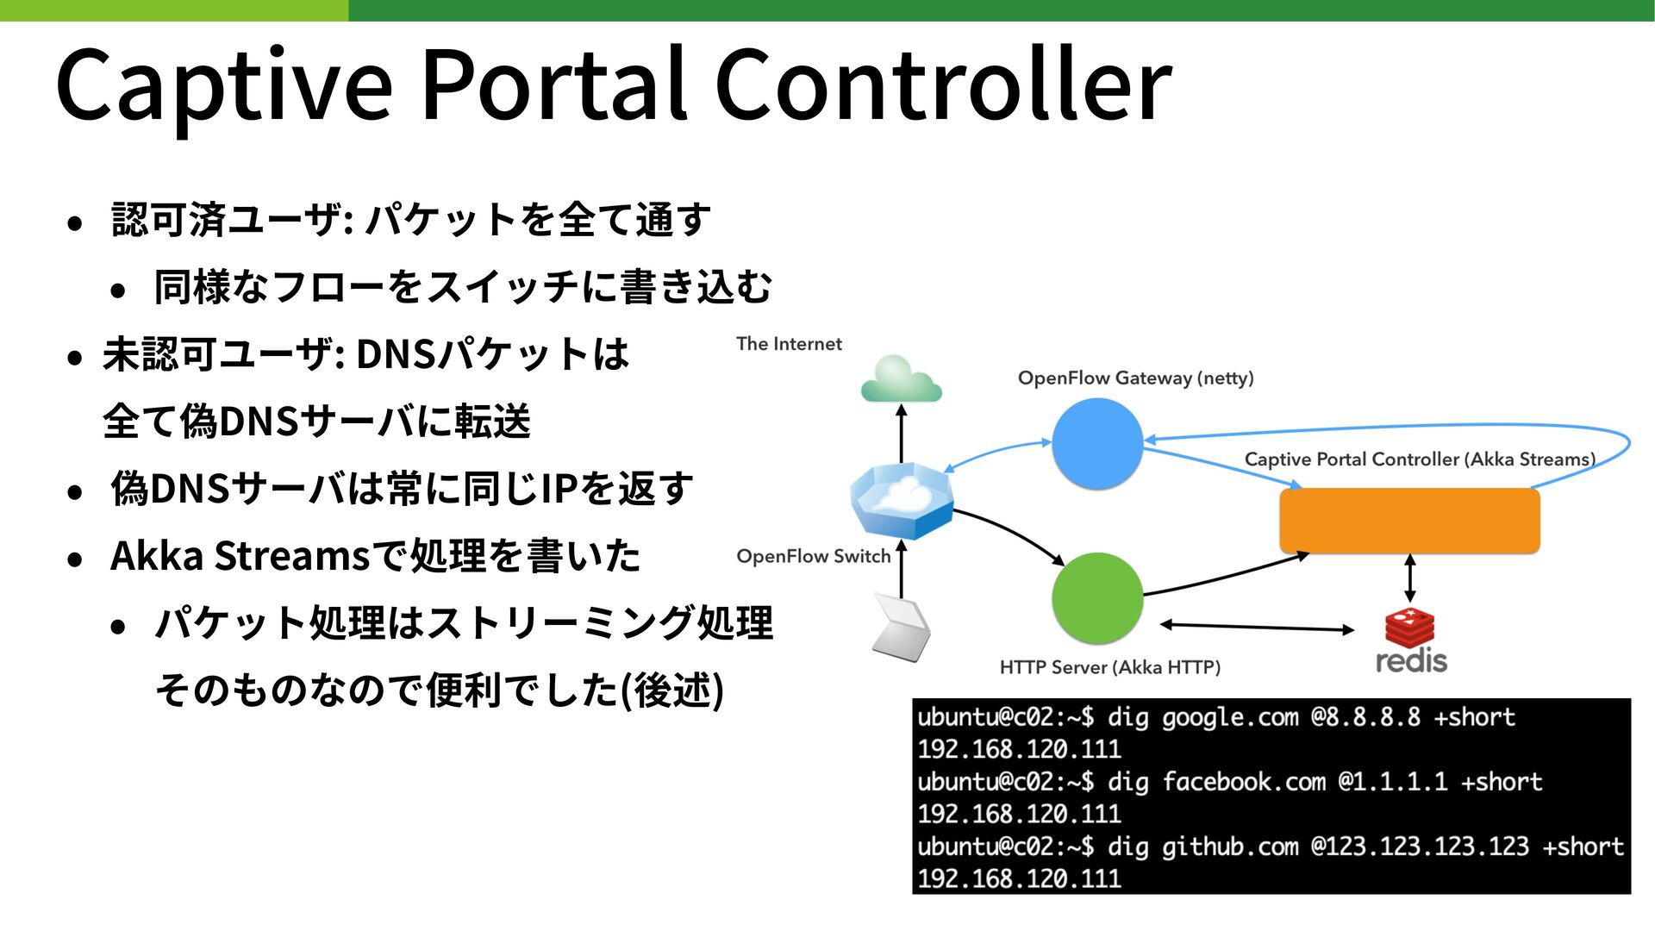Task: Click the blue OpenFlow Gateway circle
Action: tap(1097, 443)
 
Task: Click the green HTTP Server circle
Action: tap(1097, 598)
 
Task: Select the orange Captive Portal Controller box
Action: tap(1409, 521)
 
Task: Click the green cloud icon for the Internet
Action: tap(901, 378)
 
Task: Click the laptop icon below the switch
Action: tap(901, 627)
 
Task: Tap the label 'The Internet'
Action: tap(789, 344)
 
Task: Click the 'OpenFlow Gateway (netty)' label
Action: tap(1135, 378)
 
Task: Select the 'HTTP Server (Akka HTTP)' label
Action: tap(1110, 667)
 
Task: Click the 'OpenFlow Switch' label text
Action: tap(814, 557)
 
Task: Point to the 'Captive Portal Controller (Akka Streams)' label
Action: tap(1420, 459)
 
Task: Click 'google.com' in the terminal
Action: tap(1230, 717)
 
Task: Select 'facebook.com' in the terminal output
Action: tap(1244, 782)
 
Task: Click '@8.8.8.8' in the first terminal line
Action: tap(1365, 717)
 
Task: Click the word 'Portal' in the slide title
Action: tap(553, 84)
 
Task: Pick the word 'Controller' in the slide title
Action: tap(943, 84)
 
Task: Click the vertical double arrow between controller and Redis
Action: tap(1410, 578)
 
